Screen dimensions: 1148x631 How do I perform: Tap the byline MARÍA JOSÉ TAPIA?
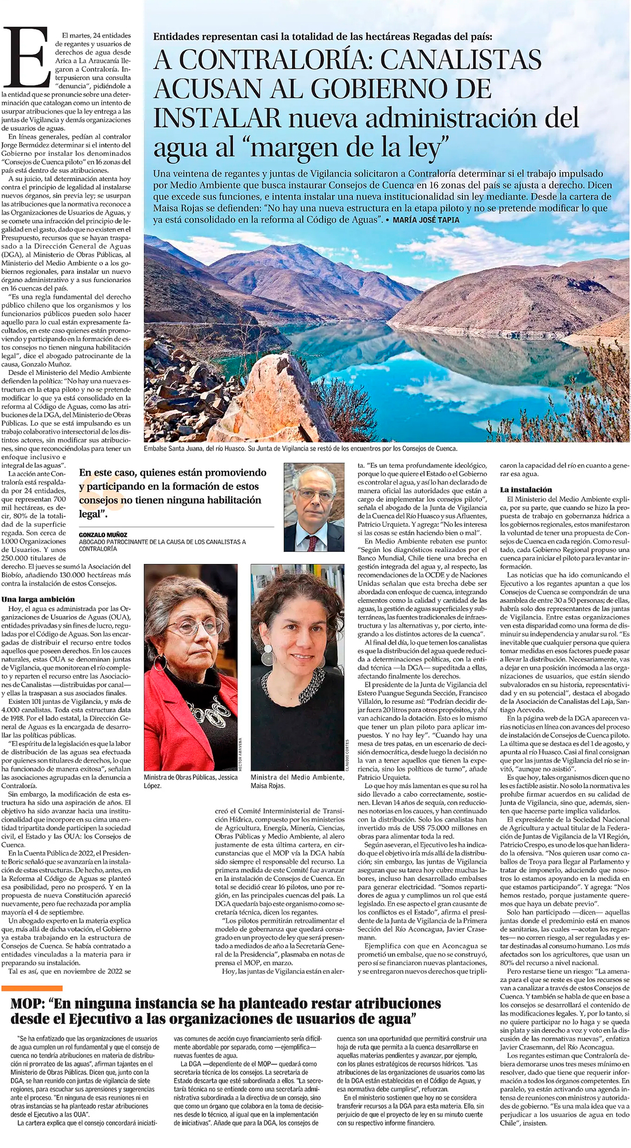tap(426, 220)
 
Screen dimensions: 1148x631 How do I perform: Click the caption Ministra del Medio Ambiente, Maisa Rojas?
tap(297, 781)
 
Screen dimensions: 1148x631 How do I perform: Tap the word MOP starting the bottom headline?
tap(28, 1004)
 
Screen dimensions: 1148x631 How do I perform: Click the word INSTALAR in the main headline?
tap(218, 118)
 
